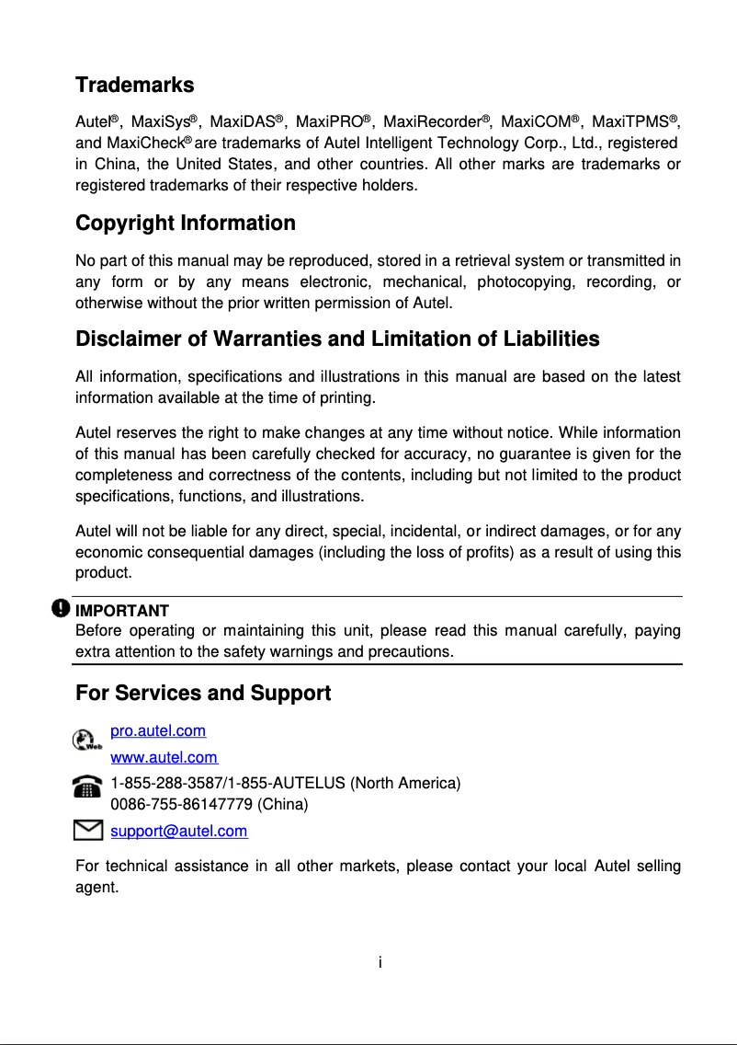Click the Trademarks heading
tap(134, 86)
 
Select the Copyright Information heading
tap(185, 224)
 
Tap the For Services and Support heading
tap(202, 694)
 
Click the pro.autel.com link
tap(158, 731)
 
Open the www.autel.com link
tap(164, 758)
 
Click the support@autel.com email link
tap(178, 832)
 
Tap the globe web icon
tap(86, 741)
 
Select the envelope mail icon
tap(87, 831)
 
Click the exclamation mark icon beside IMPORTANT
tap(61, 609)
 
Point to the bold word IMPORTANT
tap(121, 611)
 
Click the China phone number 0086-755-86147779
tap(182, 804)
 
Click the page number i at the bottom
tap(380, 962)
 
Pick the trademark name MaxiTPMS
tap(629, 122)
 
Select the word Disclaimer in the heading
tap(129, 339)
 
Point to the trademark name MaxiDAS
tap(243, 122)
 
